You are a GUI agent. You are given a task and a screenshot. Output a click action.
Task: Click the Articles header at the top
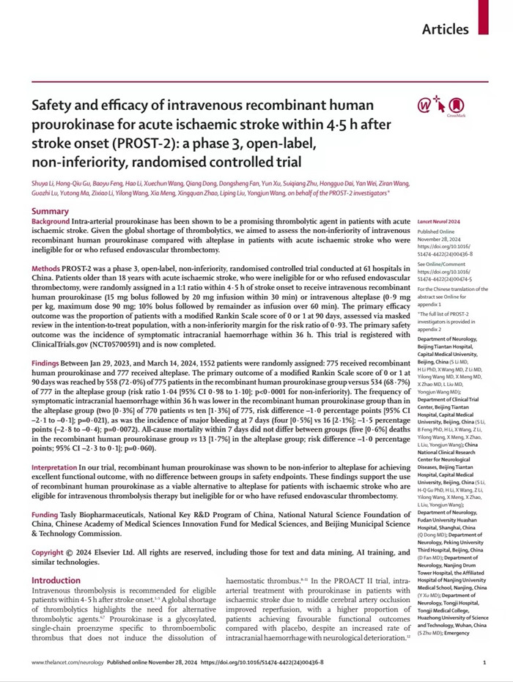coord(446,29)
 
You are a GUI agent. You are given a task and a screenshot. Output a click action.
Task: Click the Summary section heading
coord(50,211)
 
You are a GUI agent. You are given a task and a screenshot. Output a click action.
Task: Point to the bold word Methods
coord(46,270)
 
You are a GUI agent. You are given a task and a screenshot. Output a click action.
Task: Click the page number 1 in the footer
coord(484,662)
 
